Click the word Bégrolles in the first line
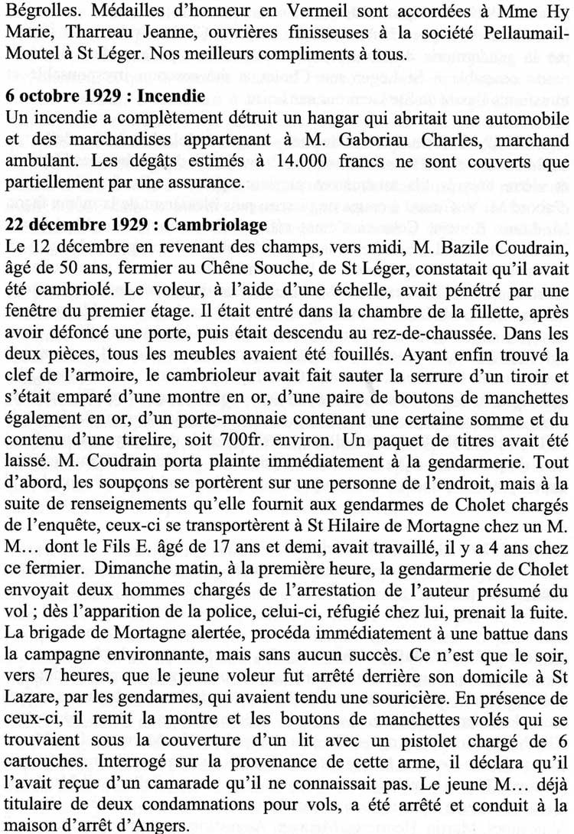(34, 13)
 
